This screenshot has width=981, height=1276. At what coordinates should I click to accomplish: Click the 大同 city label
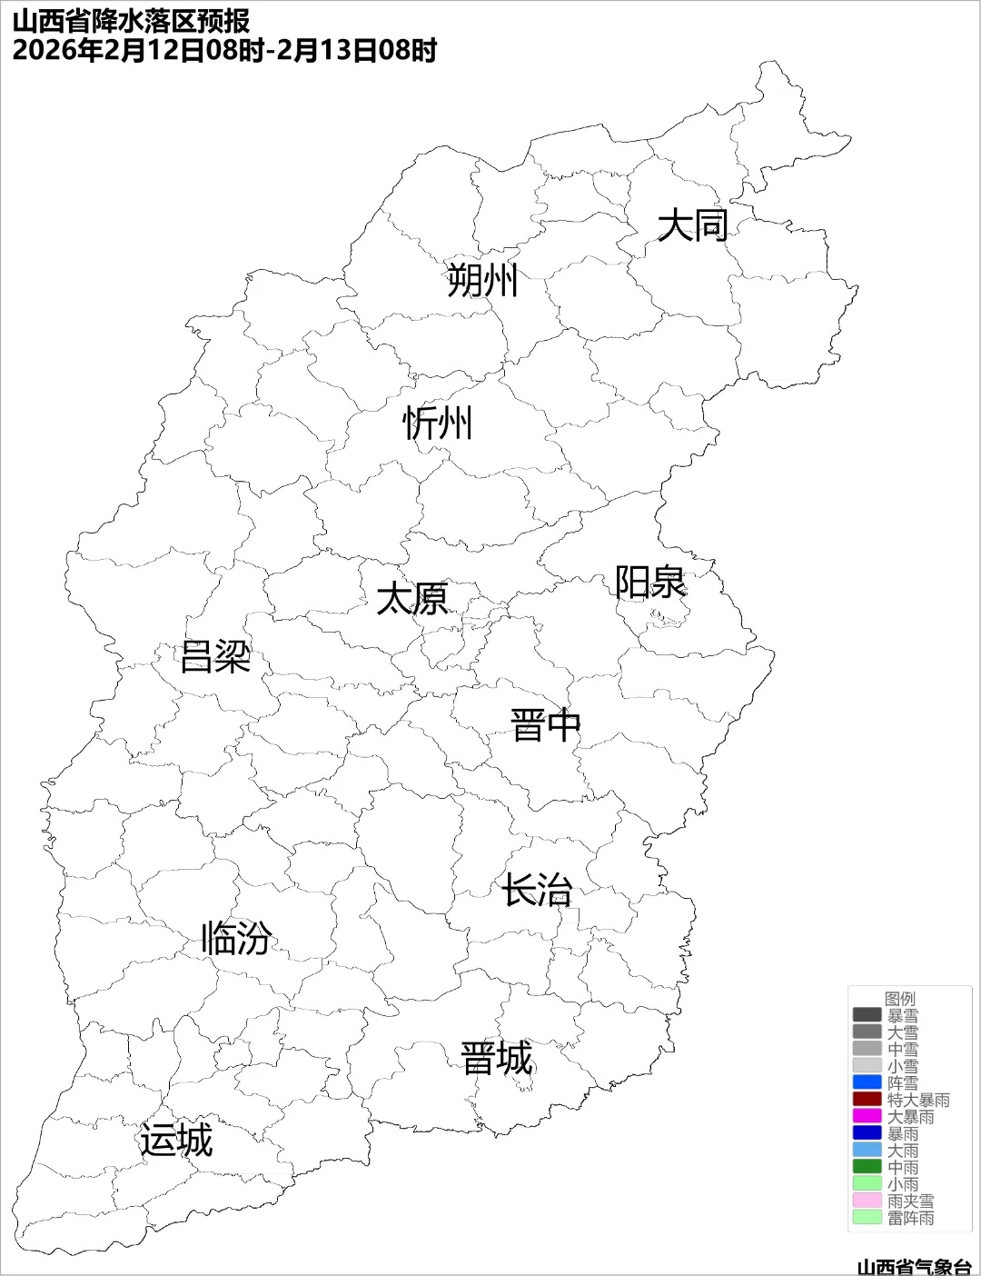click(x=692, y=225)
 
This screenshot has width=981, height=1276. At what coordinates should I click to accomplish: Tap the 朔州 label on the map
click(x=482, y=280)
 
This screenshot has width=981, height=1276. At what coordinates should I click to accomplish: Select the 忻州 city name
click(x=438, y=424)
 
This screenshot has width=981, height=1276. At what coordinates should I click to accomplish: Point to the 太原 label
click(x=412, y=600)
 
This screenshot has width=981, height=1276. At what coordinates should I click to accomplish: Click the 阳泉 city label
click(x=650, y=583)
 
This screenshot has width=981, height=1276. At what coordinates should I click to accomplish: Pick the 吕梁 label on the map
click(x=215, y=656)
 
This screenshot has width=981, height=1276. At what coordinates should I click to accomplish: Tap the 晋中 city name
click(x=545, y=726)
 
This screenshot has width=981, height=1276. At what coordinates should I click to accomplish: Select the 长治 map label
click(x=538, y=890)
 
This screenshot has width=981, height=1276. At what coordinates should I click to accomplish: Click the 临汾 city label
click(x=236, y=938)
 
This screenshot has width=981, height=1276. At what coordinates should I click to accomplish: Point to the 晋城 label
click(x=497, y=1059)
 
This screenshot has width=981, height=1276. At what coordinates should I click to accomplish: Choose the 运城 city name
click(x=176, y=1141)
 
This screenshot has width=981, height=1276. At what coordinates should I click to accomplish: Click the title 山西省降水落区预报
click(x=132, y=21)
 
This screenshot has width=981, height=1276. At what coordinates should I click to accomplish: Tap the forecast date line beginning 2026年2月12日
click(x=224, y=50)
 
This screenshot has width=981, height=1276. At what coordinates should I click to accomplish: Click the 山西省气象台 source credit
click(x=914, y=1266)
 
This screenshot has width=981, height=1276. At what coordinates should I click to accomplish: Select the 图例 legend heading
click(x=900, y=999)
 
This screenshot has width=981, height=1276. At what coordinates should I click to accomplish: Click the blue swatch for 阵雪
click(x=867, y=1082)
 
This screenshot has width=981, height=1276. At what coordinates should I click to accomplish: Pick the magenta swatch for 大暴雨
click(x=867, y=1116)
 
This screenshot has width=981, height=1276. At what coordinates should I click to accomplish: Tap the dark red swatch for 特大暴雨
click(x=867, y=1100)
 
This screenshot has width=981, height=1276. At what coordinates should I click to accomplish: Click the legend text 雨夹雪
click(x=910, y=1201)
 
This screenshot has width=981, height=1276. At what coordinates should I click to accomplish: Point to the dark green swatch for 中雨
click(x=867, y=1167)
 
